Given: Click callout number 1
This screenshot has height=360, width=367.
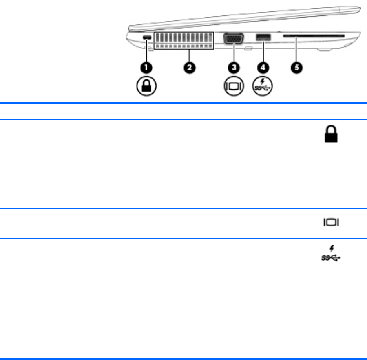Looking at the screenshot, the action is (146, 67).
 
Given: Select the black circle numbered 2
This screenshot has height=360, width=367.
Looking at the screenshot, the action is (190, 67).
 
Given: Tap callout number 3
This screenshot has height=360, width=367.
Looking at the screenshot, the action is (234, 67).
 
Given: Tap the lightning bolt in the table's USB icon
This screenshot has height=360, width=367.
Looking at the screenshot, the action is (334, 248).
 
